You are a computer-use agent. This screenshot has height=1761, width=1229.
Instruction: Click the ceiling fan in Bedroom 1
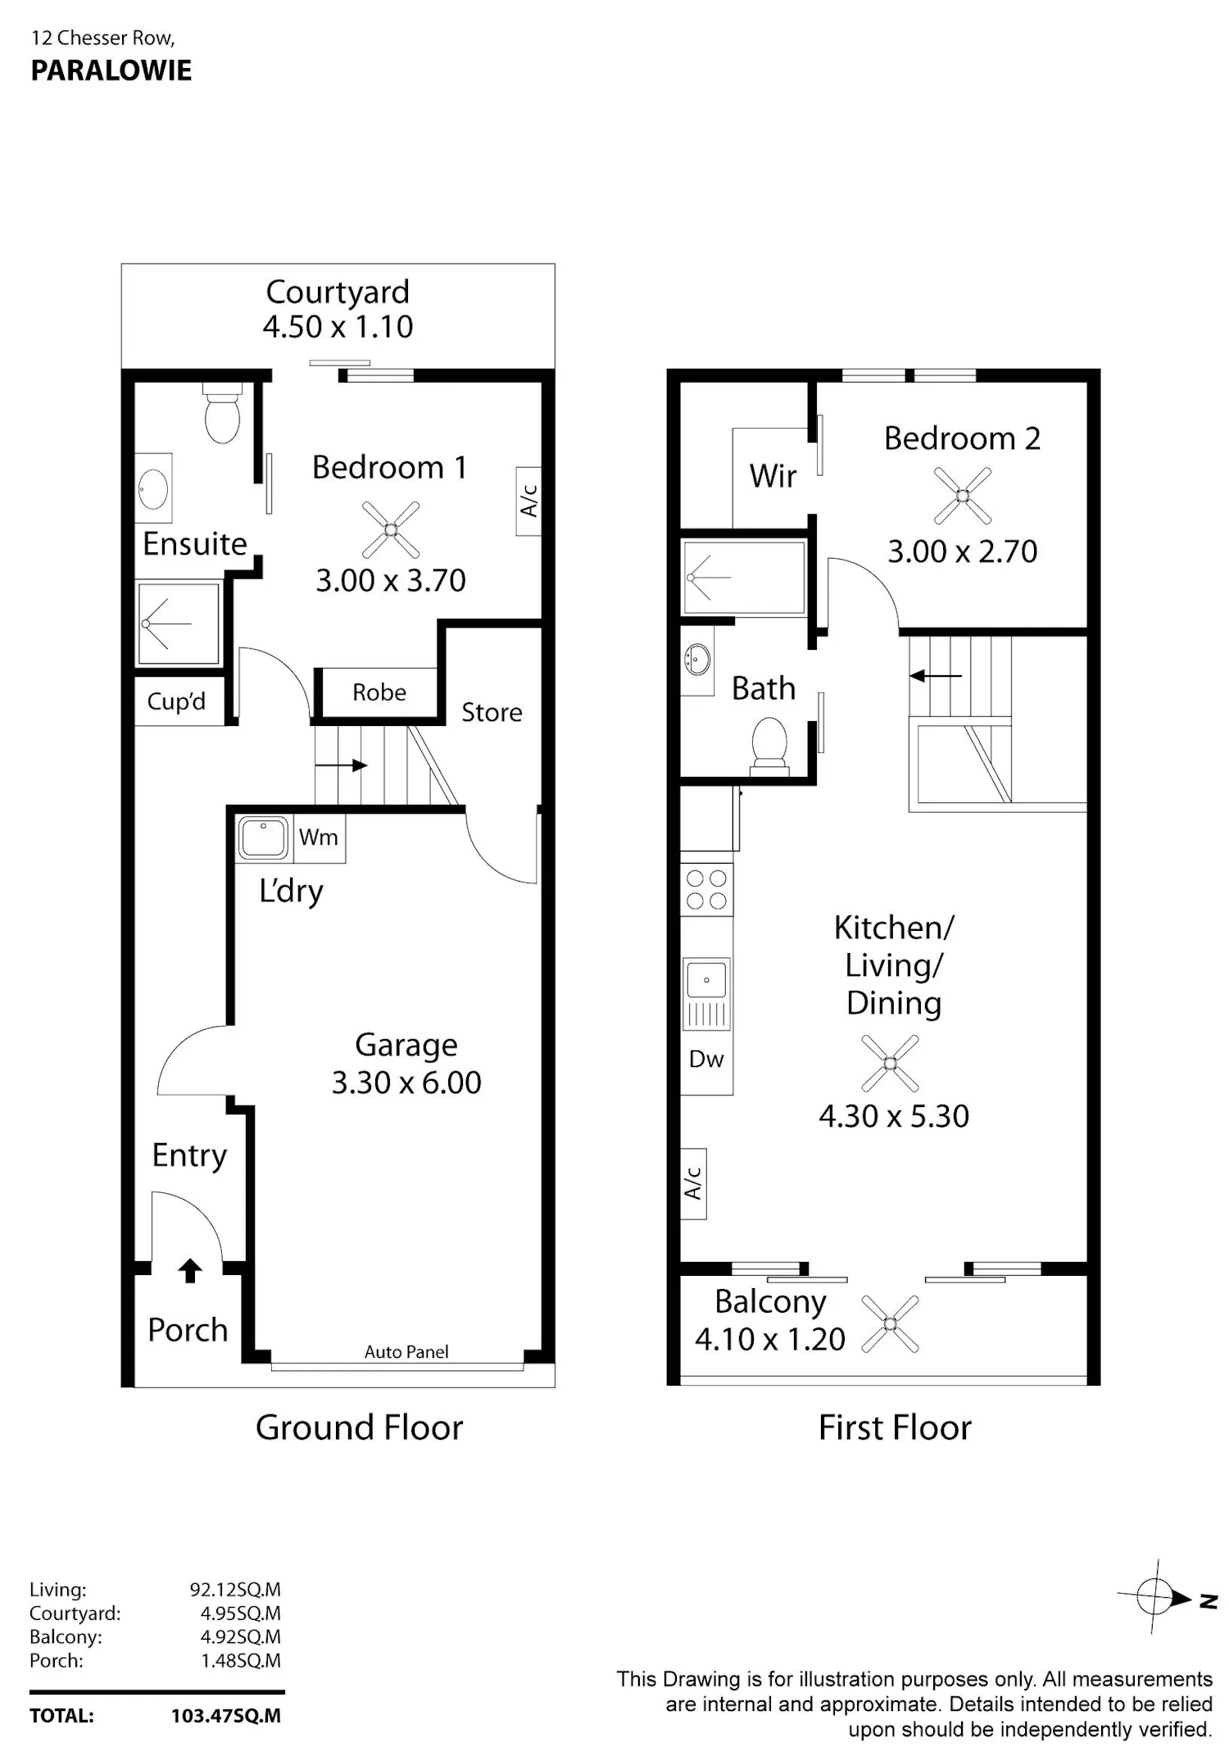click(391, 530)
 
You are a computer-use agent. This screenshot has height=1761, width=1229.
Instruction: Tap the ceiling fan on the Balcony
click(891, 1323)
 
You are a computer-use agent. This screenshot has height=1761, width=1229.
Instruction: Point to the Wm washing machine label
click(319, 837)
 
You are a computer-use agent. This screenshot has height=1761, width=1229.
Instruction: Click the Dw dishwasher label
click(706, 1059)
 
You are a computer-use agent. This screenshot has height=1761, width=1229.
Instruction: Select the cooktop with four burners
click(706, 890)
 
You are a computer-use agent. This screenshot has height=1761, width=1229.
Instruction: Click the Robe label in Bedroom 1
click(379, 692)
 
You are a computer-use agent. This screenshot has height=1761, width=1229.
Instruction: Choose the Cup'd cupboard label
click(176, 701)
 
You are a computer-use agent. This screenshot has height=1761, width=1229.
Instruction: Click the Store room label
click(492, 712)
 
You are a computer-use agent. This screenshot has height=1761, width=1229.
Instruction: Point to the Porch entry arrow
click(190, 1271)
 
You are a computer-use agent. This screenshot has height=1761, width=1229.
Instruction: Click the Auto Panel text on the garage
click(406, 1352)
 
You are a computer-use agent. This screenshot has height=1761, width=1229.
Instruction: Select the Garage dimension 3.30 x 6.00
click(406, 1082)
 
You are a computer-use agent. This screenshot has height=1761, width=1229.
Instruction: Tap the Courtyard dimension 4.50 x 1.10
click(338, 327)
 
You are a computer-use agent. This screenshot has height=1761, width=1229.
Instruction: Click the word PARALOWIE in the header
click(111, 71)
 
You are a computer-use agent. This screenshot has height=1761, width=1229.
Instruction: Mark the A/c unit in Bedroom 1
click(528, 501)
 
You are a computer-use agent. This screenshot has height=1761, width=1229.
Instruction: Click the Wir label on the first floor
click(773, 476)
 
